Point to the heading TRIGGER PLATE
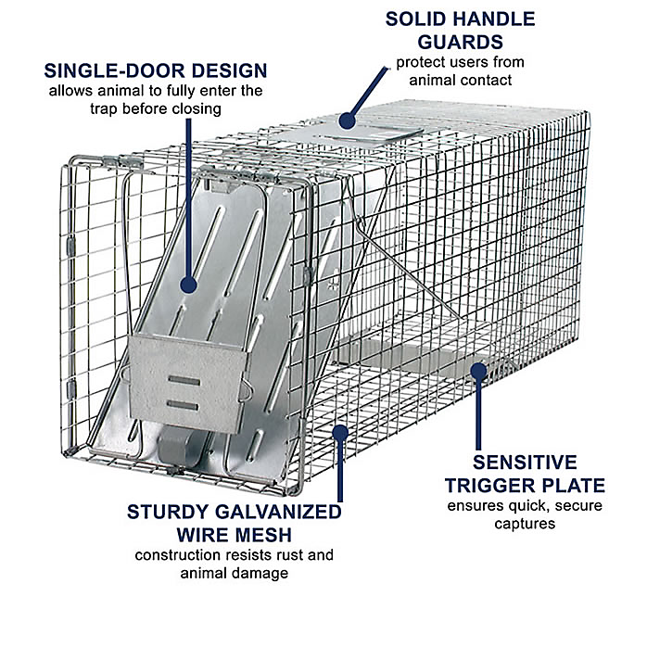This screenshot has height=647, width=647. point(526,485)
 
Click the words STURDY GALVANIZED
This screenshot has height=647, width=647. point(234,511)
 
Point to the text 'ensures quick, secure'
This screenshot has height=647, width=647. point(525,506)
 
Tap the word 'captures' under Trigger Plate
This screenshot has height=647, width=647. point(525,524)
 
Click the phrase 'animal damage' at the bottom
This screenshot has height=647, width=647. point(234,573)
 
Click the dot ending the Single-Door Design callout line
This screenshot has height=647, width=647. point(189,285)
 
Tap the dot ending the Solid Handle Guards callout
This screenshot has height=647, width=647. point(347,120)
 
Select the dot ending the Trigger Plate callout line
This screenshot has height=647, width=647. point(478,372)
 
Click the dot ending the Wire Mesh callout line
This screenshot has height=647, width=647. point(341,430)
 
